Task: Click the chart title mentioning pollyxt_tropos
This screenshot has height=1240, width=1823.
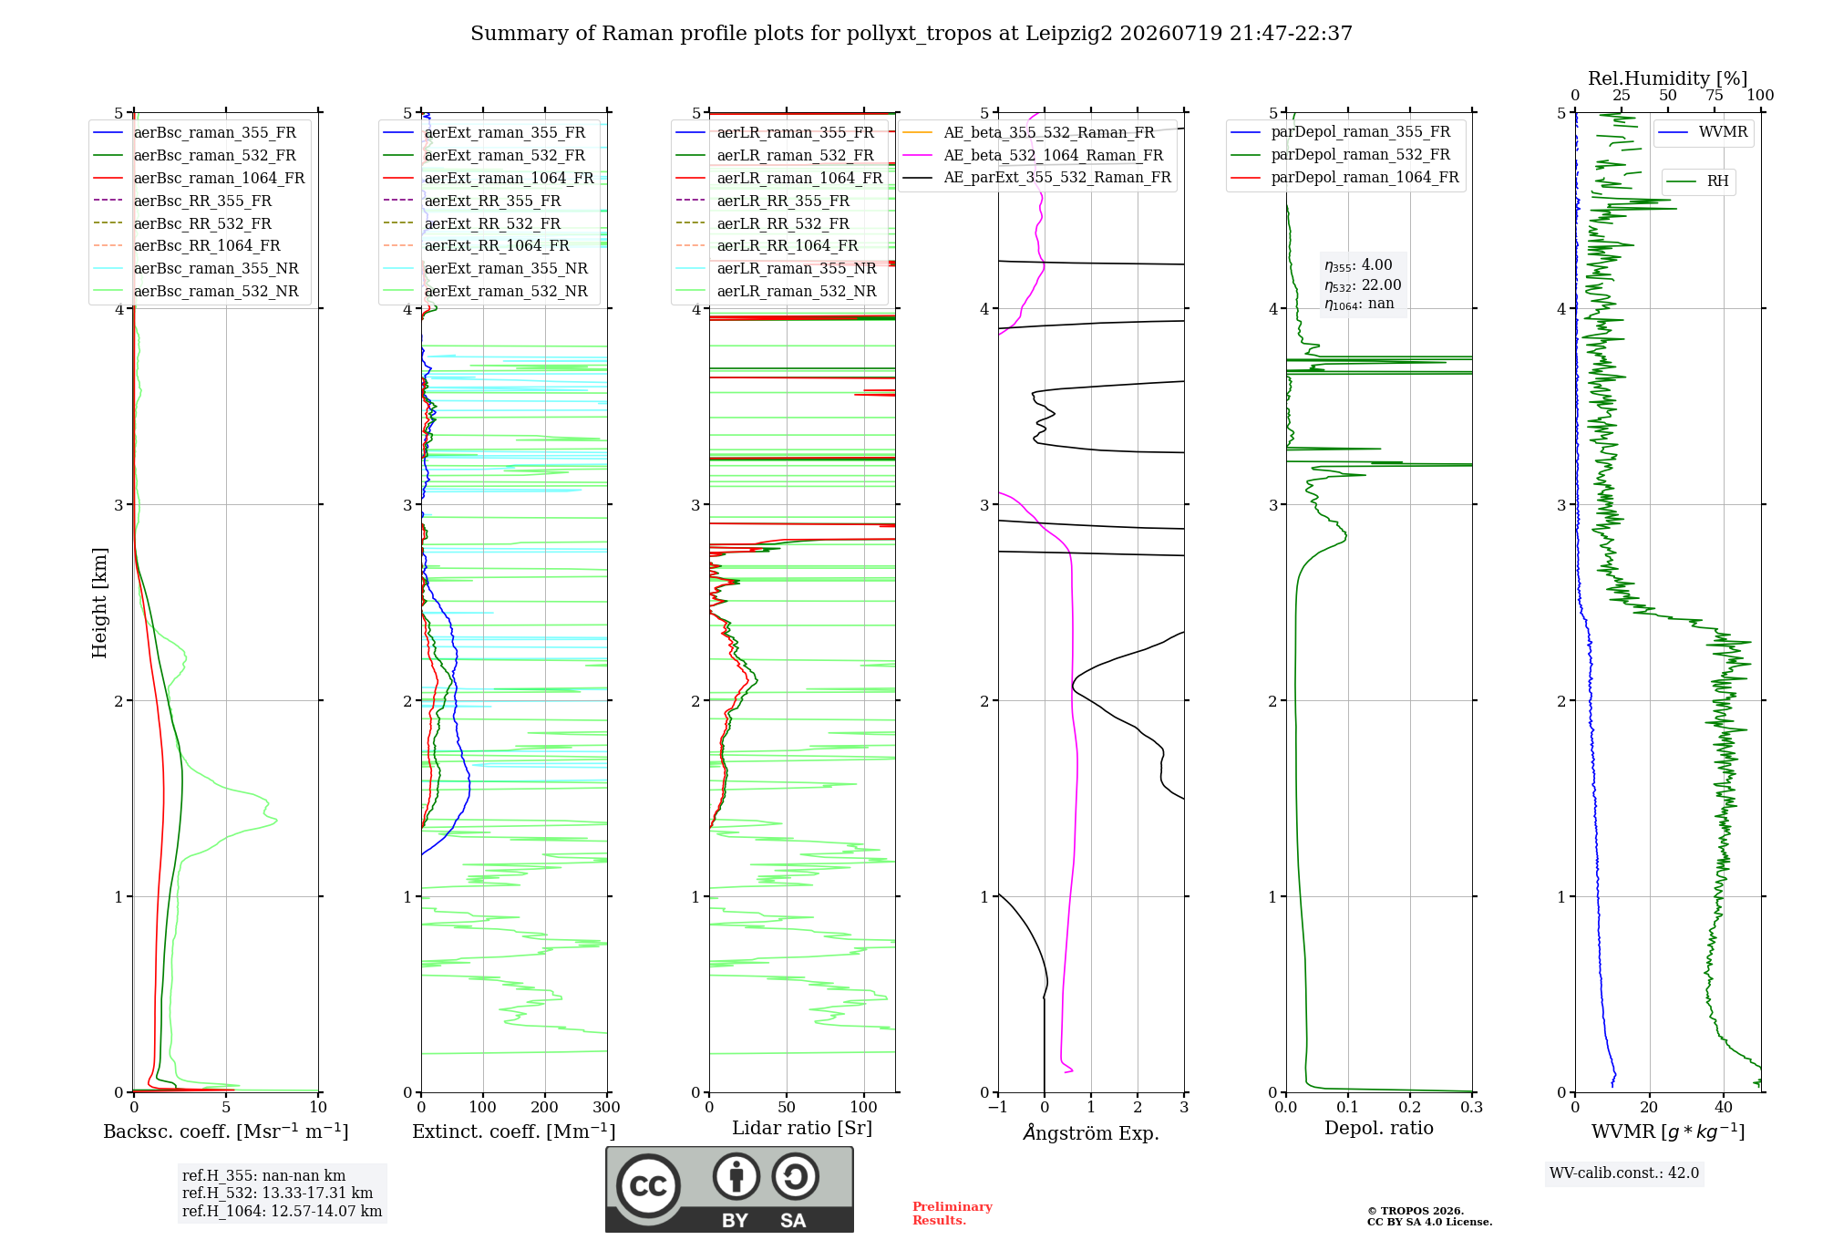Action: [x=911, y=34]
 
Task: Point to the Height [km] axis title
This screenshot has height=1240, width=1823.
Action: [x=99, y=603]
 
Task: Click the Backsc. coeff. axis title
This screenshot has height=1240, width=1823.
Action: [x=226, y=1131]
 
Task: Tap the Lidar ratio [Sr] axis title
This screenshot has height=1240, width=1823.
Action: [x=802, y=1128]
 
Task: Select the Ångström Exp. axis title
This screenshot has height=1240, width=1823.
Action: [x=1091, y=1132]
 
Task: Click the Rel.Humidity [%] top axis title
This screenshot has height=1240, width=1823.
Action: [x=1668, y=78]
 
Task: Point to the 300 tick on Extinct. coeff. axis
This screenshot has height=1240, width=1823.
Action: [x=606, y=1107]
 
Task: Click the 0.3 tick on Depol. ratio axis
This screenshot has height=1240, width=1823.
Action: [x=1471, y=1107]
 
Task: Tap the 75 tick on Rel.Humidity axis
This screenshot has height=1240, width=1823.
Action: [x=1715, y=96]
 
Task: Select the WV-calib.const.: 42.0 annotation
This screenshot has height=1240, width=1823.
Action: [x=1624, y=1173]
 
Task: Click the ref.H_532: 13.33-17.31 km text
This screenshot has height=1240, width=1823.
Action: [x=278, y=1193]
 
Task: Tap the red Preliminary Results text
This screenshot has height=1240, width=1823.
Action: [x=953, y=1214]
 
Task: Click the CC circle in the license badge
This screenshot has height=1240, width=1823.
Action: [x=648, y=1185]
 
